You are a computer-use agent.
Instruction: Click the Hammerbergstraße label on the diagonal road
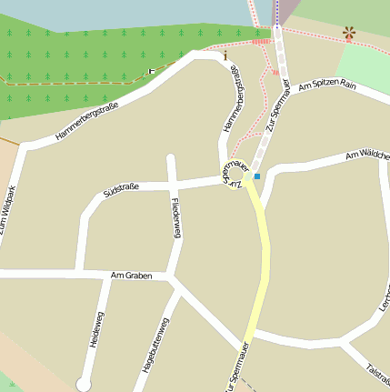click(x=87, y=119)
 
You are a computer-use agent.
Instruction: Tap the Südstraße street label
click(x=121, y=190)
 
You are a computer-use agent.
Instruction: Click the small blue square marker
click(x=257, y=176)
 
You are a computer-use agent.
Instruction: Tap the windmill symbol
click(x=349, y=34)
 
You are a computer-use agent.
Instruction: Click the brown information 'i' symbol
click(x=225, y=55)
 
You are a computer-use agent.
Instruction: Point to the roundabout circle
click(x=235, y=171)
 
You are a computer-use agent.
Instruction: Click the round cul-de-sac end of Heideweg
click(x=84, y=384)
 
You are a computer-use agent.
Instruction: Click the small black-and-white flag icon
click(x=152, y=71)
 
